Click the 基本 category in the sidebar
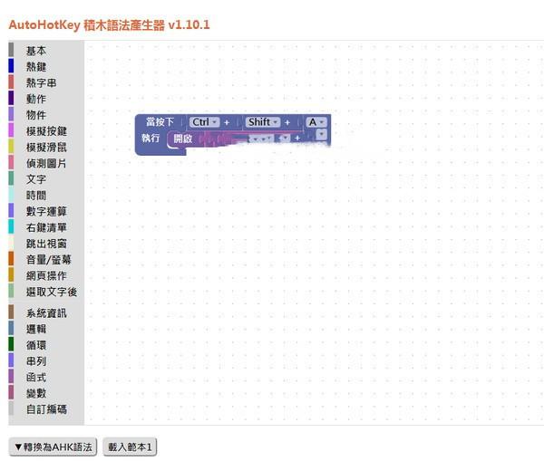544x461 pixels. coord(36,51)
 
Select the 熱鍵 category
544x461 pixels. coord(36,66)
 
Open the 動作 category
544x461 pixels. coord(36,99)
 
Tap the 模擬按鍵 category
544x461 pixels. coord(46,131)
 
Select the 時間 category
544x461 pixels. coord(36,196)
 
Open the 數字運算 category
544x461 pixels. coord(46,211)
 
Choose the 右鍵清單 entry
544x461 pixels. coord(46,227)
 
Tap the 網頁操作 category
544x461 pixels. coord(46,275)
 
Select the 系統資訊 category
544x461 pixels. coord(46,313)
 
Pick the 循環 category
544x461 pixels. coord(36,345)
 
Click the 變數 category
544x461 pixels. coord(36,393)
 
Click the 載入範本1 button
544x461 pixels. coord(131,447)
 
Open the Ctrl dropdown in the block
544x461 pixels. coord(205,122)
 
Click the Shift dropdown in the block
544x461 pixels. coord(263,122)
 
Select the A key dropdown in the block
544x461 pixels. coord(316,122)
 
